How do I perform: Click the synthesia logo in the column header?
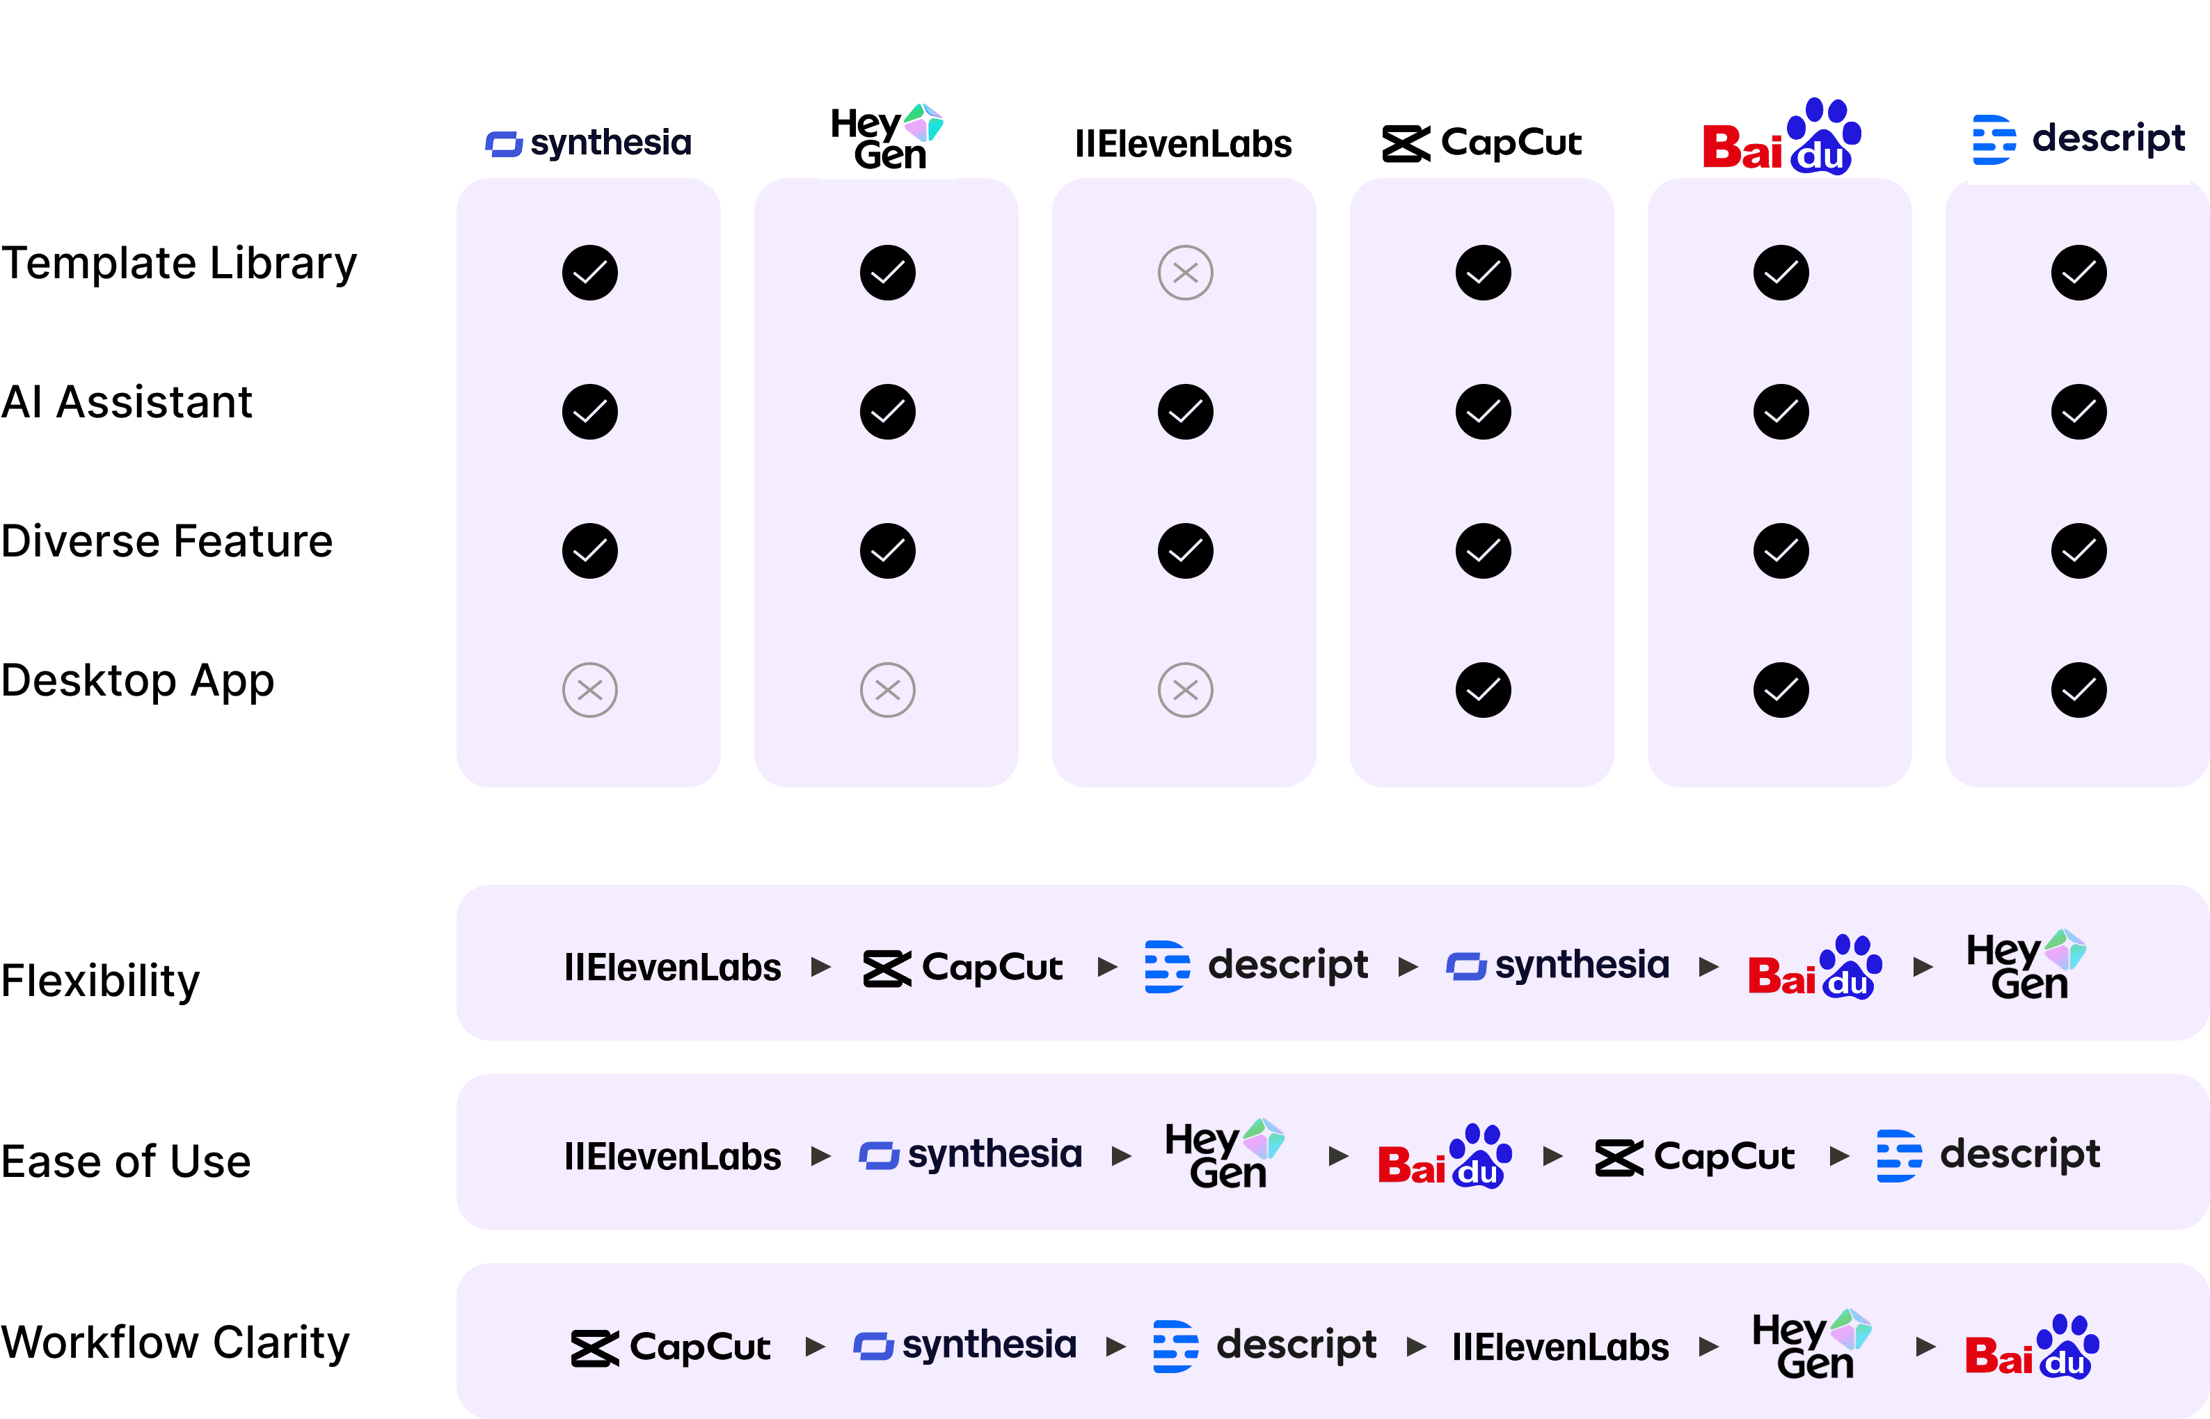pos(590,145)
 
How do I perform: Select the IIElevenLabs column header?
pos(1184,145)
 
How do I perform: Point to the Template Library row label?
pos(179,264)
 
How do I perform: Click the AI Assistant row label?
pos(126,403)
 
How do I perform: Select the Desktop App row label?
pos(137,682)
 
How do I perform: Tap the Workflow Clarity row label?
pos(175,1342)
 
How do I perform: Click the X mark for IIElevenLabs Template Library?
pos(1185,273)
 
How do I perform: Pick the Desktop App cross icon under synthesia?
pos(590,690)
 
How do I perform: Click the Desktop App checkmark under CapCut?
pos(1483,690)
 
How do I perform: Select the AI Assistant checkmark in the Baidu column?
pos(1781,412)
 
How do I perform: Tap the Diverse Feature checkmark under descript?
pos(2078,551)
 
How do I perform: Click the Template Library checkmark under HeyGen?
pos(887,273)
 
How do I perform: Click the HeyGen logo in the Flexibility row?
pos(2025,965)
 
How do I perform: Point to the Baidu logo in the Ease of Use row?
pos(1444,1156)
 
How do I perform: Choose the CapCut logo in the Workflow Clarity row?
pos(670,1348)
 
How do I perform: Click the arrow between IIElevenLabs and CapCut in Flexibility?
pos(821,967)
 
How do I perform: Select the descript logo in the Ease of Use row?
pos(1989,1155)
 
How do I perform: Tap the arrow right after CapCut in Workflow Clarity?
pos(815,1347)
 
